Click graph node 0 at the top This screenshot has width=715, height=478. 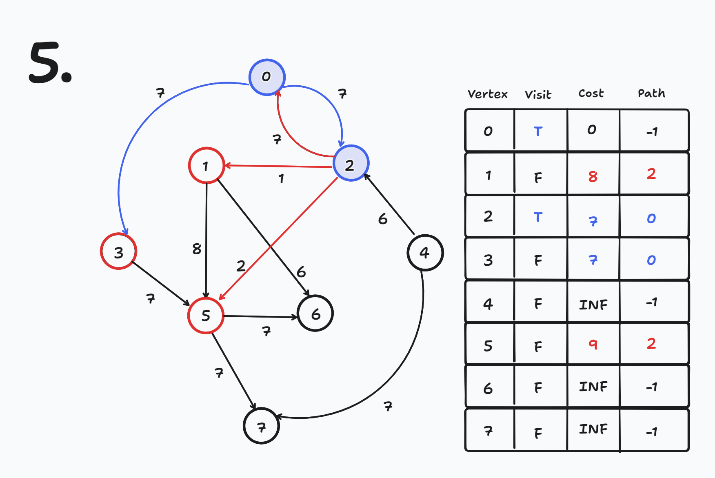(x=267, y=77)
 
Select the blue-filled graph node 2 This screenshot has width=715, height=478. (x=351, y=163)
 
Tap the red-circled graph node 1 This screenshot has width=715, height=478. (x=207, y=165)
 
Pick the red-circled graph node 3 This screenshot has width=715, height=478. (x=119, y=251)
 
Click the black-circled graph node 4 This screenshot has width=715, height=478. (x=425, y=253)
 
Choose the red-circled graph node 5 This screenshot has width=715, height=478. (x=206, y=316)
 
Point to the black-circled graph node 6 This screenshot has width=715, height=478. (x=315, y=313)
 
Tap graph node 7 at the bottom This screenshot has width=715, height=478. (x=261, y=426)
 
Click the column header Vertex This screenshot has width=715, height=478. (x=488, y=94)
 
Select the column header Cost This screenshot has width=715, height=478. (x=591, y=93)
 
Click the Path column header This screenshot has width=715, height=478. (x=651, y=93)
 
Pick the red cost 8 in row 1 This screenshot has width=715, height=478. (x=593, y=176)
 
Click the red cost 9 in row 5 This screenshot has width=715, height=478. (x=593, y=345)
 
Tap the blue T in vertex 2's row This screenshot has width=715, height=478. (x=538, y=217)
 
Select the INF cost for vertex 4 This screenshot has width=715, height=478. (x=593, y=305)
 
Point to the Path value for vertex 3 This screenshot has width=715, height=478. (x=651, y=260)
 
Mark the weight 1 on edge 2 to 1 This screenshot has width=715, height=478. (x=281, y=178)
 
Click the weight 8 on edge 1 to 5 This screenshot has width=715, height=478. (x=197, y=248)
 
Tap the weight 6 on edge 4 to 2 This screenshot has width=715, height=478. (x=382, y=219)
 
